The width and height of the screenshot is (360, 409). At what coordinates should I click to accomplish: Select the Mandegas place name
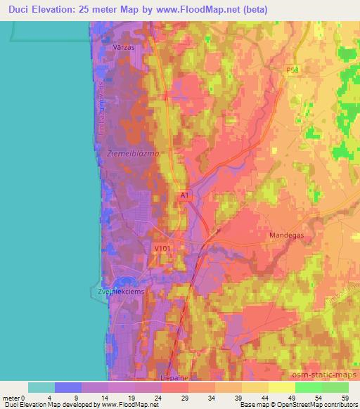pos(287,235)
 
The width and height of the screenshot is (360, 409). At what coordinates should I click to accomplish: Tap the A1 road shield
pos(184,196)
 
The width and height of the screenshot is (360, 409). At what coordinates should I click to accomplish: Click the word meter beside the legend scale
pos(12,397)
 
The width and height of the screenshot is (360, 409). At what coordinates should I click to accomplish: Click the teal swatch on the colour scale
pos(41,387)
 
